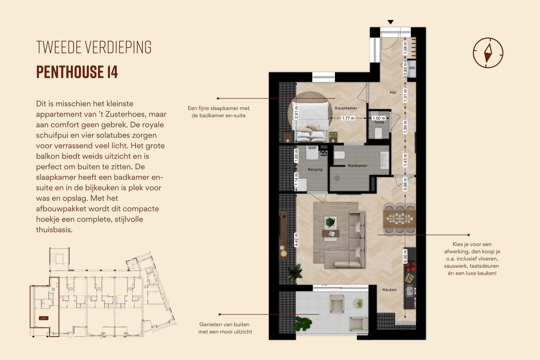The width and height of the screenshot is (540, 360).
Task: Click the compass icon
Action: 487,52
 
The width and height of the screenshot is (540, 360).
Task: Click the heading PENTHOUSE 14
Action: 77,72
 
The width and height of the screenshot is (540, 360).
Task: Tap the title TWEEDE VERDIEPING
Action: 93,47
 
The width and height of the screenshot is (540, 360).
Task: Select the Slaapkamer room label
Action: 345,108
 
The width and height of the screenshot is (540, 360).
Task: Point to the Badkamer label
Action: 357,165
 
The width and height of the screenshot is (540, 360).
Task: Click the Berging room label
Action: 315,169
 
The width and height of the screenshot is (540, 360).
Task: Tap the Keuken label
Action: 389,289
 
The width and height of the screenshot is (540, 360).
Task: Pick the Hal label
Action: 393,92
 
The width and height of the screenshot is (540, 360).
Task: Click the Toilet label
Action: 378,121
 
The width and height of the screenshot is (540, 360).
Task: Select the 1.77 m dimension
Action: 348,118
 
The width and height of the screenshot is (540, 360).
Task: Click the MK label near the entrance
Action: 412,68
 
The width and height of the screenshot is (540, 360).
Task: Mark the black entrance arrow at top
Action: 390,21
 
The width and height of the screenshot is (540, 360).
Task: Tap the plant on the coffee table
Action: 330,222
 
